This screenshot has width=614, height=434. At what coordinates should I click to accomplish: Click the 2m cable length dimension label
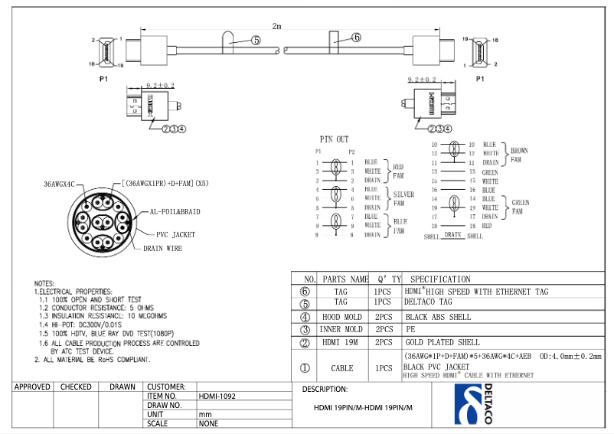tap(277, 26)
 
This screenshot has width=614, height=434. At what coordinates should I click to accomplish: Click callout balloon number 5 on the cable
tap(255, 40)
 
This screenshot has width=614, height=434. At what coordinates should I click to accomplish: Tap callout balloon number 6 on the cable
tap(356, 37)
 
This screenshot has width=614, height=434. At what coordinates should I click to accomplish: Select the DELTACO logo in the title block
tap(474, 404)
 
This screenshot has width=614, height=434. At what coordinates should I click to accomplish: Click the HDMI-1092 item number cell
tap(217, 396)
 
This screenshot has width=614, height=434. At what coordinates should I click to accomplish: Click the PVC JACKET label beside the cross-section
tap(177, 235)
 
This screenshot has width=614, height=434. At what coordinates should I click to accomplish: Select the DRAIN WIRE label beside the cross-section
tap(162, 248)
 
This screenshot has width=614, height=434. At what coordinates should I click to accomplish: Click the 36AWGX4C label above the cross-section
tap(59, 184)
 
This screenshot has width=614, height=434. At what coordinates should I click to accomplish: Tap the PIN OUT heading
tap(334, 139)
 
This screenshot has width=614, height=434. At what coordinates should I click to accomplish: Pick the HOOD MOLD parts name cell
tap(341, 317)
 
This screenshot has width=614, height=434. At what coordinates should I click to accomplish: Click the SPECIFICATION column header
tap(440, 279)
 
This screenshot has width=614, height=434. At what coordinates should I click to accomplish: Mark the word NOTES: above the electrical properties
tap(44, 284)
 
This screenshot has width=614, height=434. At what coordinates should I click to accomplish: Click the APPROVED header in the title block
tap(32, 387)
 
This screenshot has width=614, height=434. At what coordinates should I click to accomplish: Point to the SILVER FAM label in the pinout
tap(403, 198)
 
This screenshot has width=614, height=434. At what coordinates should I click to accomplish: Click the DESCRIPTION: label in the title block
tap(325, 390)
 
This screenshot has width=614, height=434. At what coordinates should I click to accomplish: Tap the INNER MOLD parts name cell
tap(341, 329)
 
